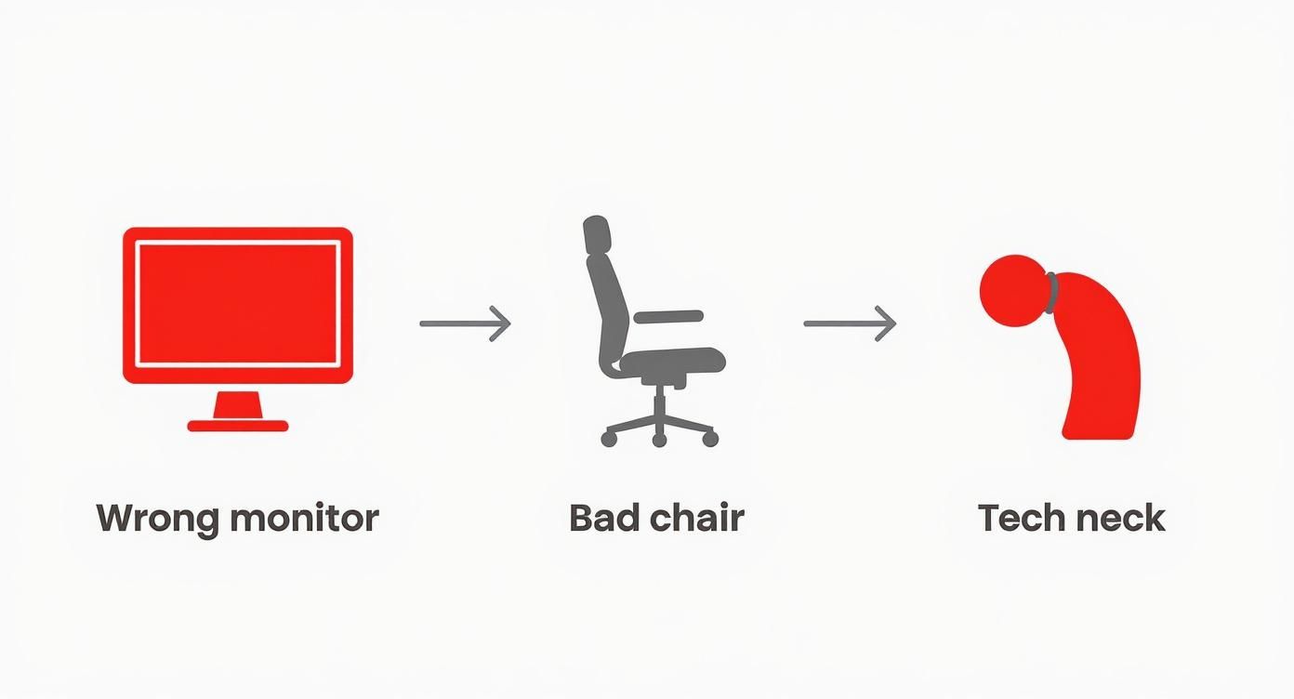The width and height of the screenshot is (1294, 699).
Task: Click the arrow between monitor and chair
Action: pyautogui.click(x=465, y=323)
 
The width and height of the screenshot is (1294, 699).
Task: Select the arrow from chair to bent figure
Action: pyautogui.click(x=850, y=323)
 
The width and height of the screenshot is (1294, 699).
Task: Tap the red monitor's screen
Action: pyautogui.click(x=238, y=303)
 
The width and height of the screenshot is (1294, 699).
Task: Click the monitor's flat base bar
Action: pyautogui.click(x=238, y=426)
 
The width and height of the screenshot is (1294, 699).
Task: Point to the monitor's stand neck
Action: pyautogui.click(x=238, y=405)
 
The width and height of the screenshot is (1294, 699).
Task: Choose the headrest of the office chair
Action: pyautogui.click(x=596, y=234)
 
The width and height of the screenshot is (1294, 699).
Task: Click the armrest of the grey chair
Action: pyautogui.click(x=668, y=317)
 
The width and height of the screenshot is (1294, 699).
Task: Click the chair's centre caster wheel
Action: pyautogui.click(x=659, y=439)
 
